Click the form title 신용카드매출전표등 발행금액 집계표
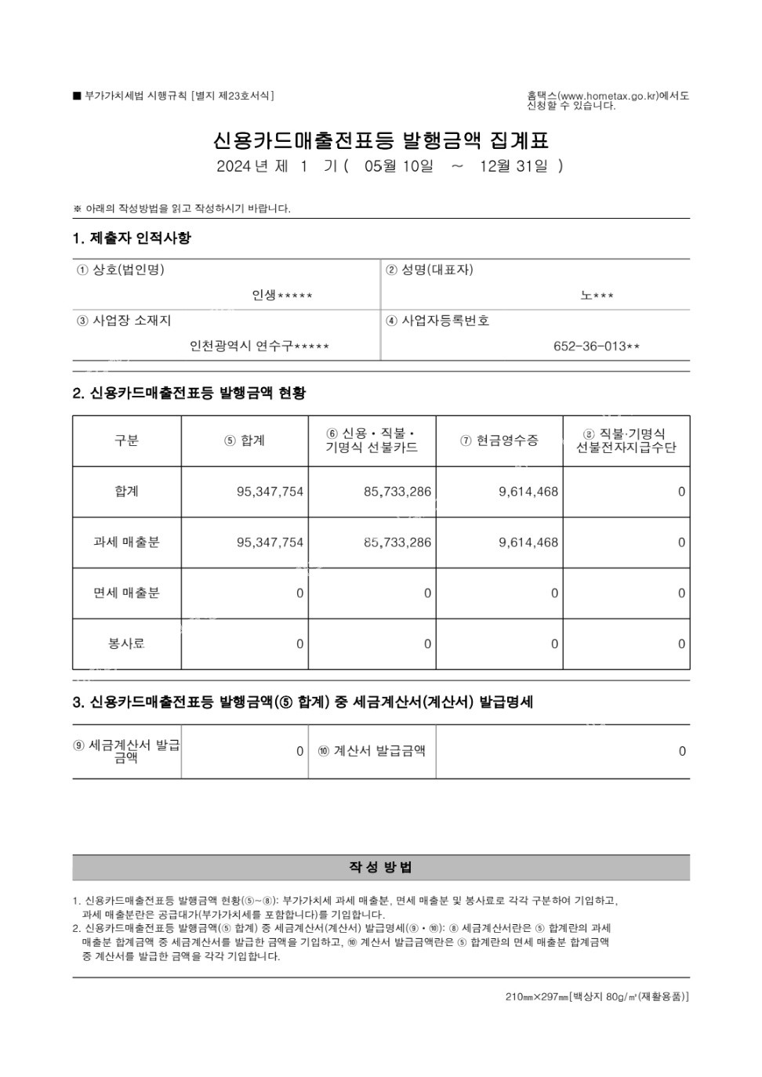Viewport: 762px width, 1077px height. (381, 140)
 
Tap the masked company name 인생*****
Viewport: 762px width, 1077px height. (282, 296)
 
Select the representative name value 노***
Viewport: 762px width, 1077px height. (597, 296)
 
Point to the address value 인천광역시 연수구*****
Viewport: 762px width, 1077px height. (259, 346)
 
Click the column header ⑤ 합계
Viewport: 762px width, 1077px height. (245, 441)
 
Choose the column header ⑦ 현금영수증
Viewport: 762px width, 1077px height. (499, 441)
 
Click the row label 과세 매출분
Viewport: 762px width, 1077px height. (126, 542)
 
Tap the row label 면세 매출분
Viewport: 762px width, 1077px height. (126, 593)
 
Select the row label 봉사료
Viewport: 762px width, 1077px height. (126, 644)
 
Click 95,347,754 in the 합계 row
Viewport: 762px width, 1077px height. (270, 492)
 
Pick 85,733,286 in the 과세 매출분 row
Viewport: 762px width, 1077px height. (397, 542)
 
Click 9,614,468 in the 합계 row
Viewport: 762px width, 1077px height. (528, 492)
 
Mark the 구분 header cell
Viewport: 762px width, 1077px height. (126, 441)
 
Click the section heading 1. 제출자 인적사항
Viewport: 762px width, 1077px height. (132, 238)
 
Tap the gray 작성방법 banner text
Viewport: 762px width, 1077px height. (381, 867)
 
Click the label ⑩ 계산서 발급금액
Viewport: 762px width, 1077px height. (372, 751)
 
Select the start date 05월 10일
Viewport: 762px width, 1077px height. (398, 166)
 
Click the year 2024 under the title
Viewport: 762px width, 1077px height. (233, 166)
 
